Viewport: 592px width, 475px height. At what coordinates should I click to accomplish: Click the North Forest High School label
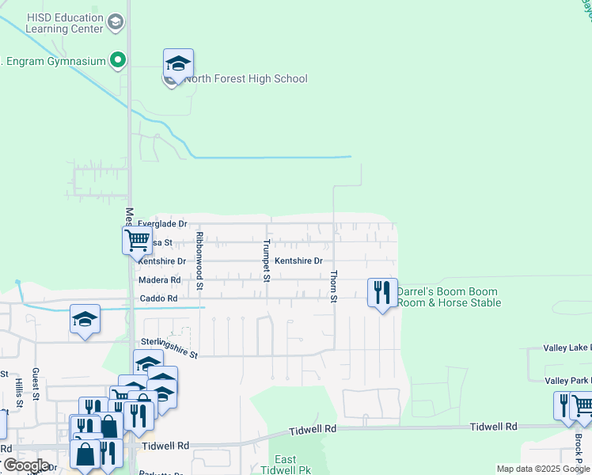click(x=245, y=78)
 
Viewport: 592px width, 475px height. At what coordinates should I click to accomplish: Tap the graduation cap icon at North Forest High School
click(x=179, y=63)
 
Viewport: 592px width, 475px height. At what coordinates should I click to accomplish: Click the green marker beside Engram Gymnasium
click(x=118, y=59)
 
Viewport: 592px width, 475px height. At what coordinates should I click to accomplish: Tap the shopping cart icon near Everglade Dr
click(x=137, y=239)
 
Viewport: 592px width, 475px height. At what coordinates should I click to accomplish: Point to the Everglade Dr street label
click(x=162, y=225)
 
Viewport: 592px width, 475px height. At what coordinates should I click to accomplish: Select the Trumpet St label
click(x=267, y=260)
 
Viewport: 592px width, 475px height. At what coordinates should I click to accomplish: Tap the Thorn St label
click(x=333, y=286)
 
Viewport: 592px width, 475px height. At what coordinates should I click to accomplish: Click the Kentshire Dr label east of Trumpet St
click(x=298, y=261)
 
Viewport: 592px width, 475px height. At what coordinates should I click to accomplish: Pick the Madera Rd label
click(x=159, y=280)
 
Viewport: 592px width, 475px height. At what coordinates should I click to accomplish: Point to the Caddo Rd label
click(x=157, y=298)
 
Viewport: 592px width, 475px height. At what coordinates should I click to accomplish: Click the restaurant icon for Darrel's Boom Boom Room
click(x=381, y=292)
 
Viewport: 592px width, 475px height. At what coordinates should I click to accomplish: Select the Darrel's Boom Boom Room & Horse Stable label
click(x=449, y=297)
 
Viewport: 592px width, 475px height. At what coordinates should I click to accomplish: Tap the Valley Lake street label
click(x=567, y=348)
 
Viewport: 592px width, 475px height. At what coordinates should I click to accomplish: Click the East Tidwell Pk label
click(x=286, y=465)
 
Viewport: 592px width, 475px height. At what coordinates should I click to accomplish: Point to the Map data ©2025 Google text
click(x=544, y=469)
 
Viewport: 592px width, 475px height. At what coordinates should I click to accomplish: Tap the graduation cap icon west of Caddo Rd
click(x=85, y=319)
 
